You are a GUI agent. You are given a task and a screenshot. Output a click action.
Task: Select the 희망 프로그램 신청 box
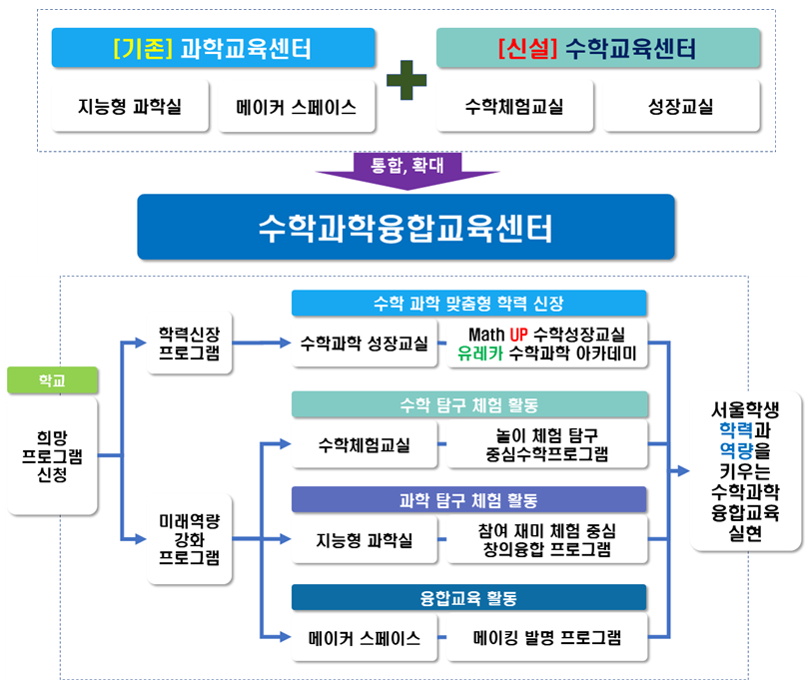[x=53, y=455]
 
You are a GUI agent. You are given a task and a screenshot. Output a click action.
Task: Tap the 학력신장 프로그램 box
[x=190, y=343]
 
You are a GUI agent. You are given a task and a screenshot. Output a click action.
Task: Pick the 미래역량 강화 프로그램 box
[x=190, y=539]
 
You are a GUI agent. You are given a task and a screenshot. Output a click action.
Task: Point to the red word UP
[x=518, y=334]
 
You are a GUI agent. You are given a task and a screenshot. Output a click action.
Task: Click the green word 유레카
[x=479, y=352]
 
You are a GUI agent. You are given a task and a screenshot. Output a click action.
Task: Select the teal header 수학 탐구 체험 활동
[x=468, y=404]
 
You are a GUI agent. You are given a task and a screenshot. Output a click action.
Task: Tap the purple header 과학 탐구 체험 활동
[x=468, y=500]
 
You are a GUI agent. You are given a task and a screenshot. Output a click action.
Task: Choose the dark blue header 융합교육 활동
[x=468, y=597]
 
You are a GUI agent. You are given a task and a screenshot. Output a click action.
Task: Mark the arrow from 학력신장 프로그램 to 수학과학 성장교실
[x=260, y=343]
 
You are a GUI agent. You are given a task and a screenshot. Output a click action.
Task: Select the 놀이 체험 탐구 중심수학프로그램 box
[x=545, y=443]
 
